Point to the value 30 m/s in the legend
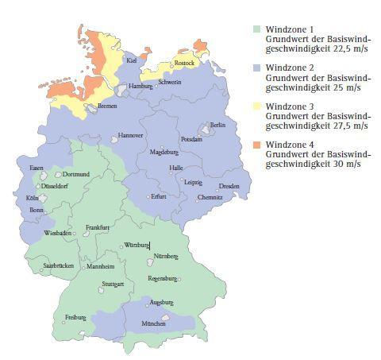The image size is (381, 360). click(x=344, y=164)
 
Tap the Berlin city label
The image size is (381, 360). click(x=217, y=126)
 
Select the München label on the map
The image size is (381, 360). click(x=152, y=324)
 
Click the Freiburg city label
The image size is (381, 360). click(x=75, y=318)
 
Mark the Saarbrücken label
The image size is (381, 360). click(x=58, y=265)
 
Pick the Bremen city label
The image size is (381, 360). click(x=107, y=106)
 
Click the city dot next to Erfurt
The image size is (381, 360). click(x=148, y=196)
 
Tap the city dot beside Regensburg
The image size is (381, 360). click(x=179, y=279)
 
